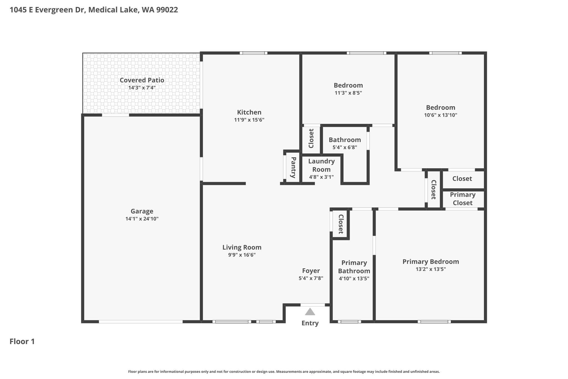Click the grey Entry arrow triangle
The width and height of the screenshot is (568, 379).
310,312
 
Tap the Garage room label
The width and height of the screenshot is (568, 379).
142,211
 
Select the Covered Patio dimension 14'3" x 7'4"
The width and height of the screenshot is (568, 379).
142,88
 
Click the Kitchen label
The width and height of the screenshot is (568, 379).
249,112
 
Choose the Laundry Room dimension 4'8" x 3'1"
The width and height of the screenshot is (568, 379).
321,177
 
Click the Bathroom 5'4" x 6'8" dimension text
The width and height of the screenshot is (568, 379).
345,147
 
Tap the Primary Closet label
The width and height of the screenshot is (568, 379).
463,199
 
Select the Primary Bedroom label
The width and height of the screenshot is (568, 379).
431,262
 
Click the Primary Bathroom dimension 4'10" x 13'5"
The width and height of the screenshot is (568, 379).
354,278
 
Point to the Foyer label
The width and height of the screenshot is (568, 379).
311,271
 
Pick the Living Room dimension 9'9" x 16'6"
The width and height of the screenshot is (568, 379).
242,255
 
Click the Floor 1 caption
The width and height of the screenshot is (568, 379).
22,342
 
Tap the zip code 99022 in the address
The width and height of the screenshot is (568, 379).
167,10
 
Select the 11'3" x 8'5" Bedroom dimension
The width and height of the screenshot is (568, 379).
348,93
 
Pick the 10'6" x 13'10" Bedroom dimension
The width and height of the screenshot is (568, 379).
441,115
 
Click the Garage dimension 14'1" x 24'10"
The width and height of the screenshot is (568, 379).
142,219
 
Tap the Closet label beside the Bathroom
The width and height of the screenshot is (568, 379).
311,139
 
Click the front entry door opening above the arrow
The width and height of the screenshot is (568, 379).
313,305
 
